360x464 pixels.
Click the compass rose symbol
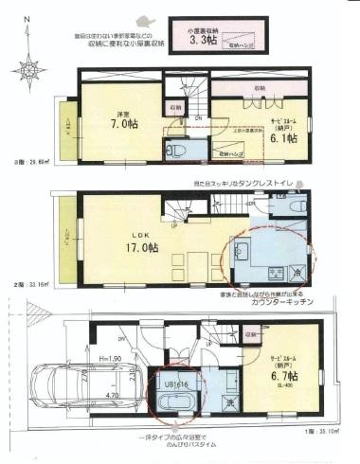click(x=30, y=67)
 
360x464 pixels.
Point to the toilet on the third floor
click(x=174, y=151)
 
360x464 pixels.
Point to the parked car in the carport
click(x=62, y=388)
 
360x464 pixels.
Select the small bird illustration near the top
click(x=143, y=19)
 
